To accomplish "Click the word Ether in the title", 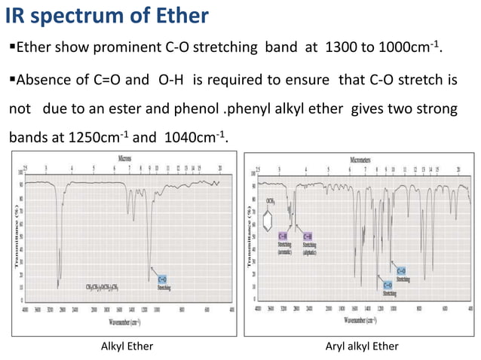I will [x=180, y=17].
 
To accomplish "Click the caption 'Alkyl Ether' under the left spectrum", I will [x=127, y=346].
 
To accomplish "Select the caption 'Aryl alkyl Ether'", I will [x=362, y=346].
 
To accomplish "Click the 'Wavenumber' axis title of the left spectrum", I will [x=126, y=322].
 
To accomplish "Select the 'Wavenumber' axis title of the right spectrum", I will [x=362, y=322].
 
